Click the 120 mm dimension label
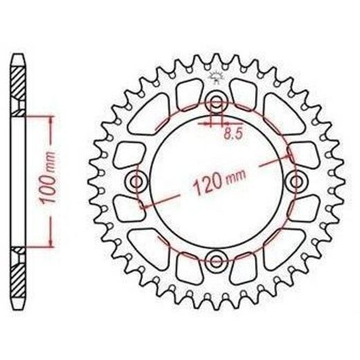pyautogui.click(x=219, y=181)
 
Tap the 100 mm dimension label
pyautogui.click(x=47, y=178)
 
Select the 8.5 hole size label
pyautogui.click(x=233, y=134)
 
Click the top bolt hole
pyautogui.click(x=216, y=101)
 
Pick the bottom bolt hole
pyautogui.click(x=216, y=261)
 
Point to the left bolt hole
pyautogui.click(x=136, y=181)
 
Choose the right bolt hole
pyautogui.click(x=296, y=181)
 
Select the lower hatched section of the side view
pyautogui.click(x=18, y=272)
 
